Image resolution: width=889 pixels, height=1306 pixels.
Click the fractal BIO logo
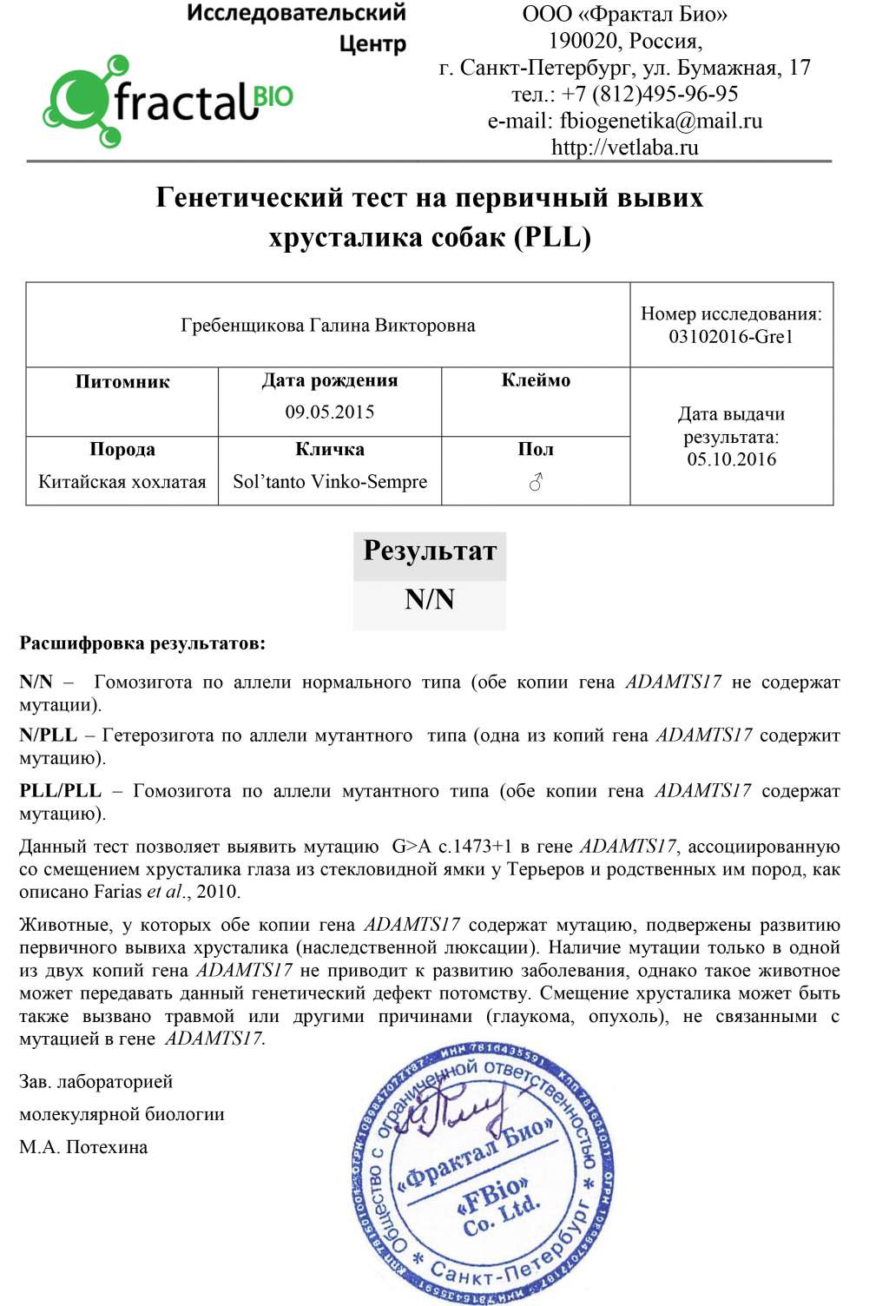coord(168,101)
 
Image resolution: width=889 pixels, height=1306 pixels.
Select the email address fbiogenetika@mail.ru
coord(661,121)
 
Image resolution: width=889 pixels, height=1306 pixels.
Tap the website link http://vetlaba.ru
coord(624,148)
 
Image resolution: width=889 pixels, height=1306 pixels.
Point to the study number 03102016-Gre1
coord(731,337)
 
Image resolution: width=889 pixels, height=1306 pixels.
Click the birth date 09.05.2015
coord(330,412)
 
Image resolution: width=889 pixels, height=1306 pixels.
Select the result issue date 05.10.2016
coord(731,459)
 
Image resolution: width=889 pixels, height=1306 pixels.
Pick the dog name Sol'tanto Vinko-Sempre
coord(330,482)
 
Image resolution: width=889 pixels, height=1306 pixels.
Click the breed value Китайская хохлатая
coord(122,482)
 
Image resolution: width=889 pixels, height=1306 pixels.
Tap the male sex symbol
coord(536,482)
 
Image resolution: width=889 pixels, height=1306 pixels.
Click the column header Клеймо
coord(536,380)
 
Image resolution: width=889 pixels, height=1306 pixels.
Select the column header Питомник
coord(122,382)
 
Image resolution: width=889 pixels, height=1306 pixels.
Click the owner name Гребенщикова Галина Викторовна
coord(328,326)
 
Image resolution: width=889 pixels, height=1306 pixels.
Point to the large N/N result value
coord(430,600)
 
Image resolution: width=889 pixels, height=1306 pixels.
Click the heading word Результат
coord(430,551)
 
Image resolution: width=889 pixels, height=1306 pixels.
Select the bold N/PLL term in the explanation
coord(48,735)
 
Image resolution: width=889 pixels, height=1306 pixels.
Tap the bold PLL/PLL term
coord(60,791)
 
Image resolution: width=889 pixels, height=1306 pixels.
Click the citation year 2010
coord(217,892)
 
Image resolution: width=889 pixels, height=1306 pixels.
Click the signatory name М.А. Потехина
coord(83,1147)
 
